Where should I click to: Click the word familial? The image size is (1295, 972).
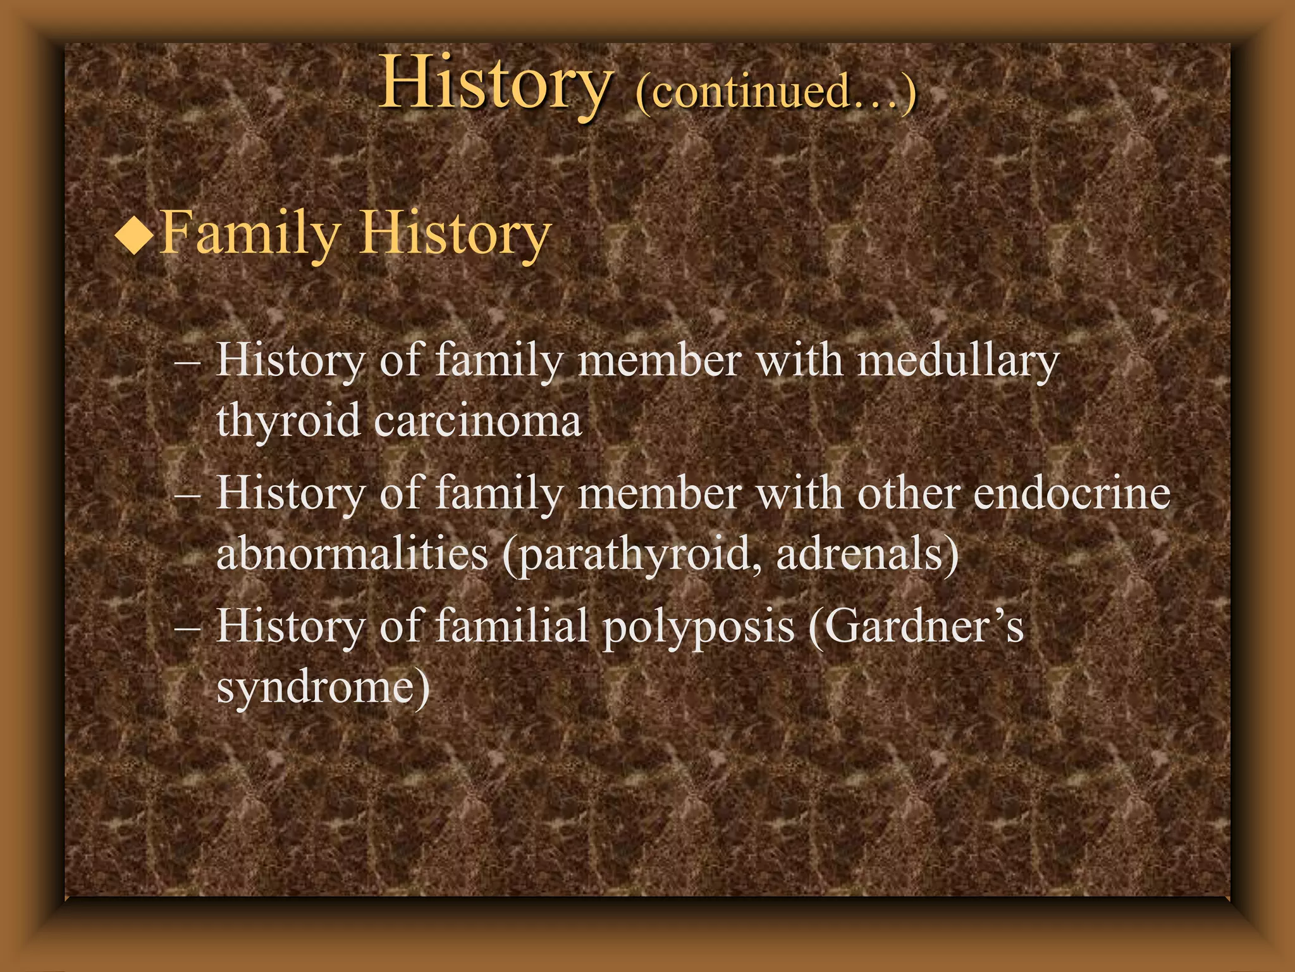512,626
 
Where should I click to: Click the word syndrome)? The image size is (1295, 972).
323,688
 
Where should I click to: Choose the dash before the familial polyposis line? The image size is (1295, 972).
187,629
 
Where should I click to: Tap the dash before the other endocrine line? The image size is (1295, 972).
187,496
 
